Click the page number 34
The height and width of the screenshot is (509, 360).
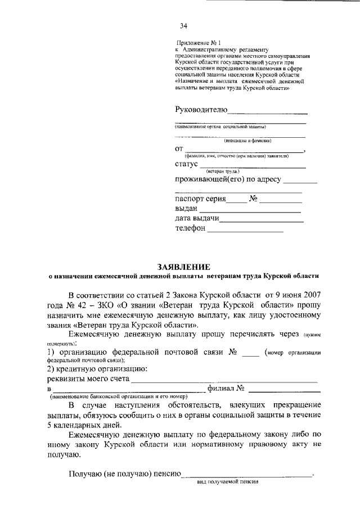coord(183,26)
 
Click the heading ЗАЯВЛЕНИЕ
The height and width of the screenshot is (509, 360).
coord(183,266)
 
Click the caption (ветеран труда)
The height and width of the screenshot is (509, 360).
coord(223,171)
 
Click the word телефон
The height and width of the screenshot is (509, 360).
coord(191,229)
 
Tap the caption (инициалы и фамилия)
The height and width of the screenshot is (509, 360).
coord(247,140)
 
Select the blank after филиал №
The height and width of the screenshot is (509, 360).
coord(285,391)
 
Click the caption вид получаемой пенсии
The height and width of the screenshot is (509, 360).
coord(227,482)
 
